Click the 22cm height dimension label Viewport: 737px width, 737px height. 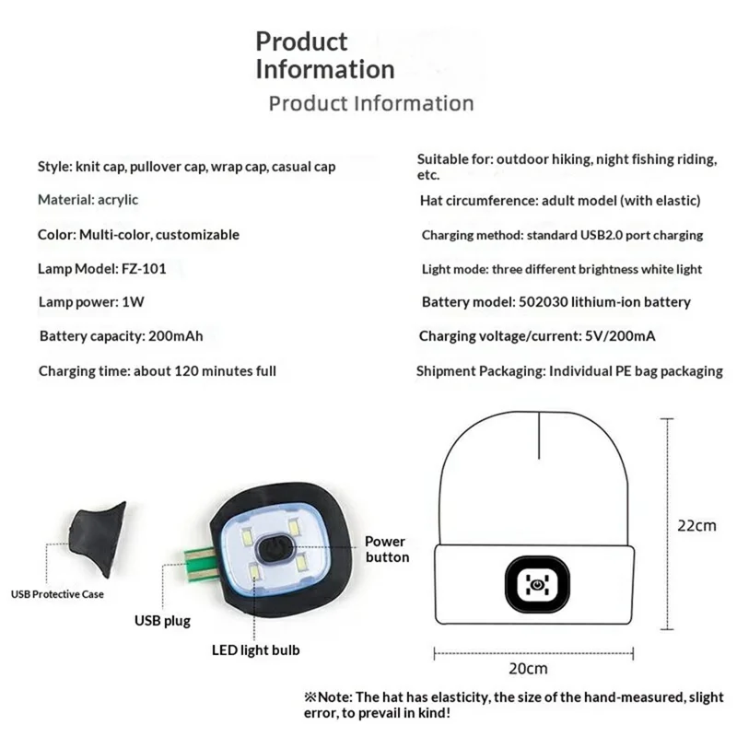(x=696, y=525)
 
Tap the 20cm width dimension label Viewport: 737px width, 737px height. (x=528, y=668)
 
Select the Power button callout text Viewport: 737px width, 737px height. (x=387, y=549)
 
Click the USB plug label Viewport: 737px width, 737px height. (x=163, y=621)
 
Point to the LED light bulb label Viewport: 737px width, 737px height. (x=256, y=650)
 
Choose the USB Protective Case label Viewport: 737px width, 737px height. (x=57, y=594)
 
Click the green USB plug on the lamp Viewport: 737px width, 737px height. (x=202, y=563)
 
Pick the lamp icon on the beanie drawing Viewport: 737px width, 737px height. (x=537, y=584)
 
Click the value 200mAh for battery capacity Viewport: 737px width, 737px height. (x=176, y=336)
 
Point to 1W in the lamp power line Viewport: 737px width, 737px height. (x=133, y=302)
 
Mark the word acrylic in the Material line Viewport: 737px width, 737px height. (x=118, y=200)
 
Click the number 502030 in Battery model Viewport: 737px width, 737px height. (x=544, y=302)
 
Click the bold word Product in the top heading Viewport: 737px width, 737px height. (x=301, y=41)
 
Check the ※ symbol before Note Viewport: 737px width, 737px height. (x=310, y=696)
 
